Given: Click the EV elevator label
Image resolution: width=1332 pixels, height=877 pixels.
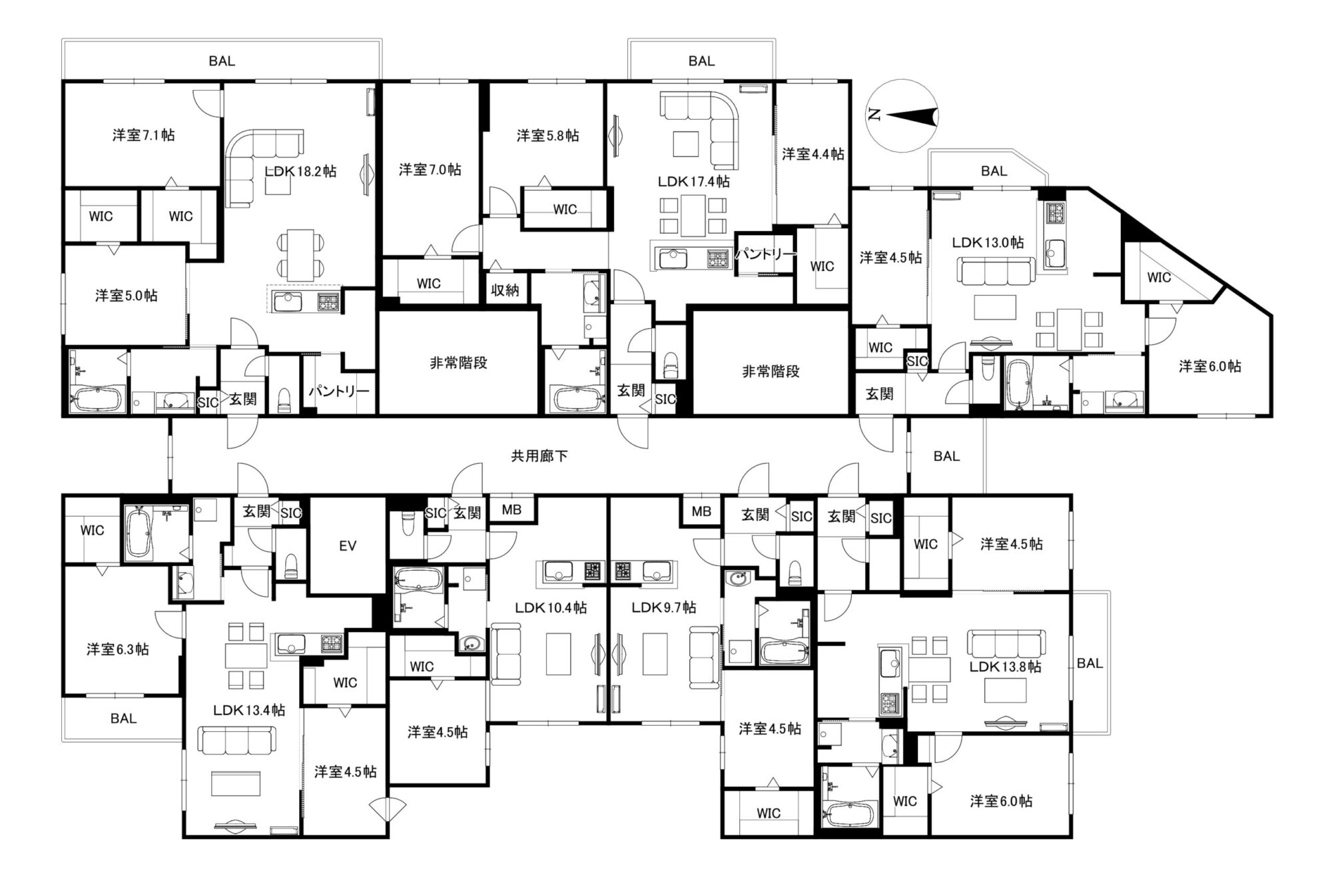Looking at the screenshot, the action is coord(348,546).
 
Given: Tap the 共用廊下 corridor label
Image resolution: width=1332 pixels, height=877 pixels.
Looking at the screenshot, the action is coord(539,456).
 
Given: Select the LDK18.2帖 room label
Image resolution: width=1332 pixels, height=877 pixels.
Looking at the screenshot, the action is coord(300,171).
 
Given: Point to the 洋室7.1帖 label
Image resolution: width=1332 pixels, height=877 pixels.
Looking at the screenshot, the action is coord(144,135).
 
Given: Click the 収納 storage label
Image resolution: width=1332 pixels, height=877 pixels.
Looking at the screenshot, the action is coord(505,290).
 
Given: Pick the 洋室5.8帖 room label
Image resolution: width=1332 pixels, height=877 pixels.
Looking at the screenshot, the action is coord(547,136).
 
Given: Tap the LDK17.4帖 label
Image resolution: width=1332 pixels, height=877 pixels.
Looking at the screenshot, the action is coord(693,181).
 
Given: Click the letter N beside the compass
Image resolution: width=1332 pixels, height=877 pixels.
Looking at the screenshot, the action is coord(874,115).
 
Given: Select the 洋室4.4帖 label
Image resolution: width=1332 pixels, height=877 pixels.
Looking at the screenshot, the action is coord(813,154).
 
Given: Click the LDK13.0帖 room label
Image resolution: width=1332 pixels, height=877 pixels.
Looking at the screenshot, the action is coord(988,242).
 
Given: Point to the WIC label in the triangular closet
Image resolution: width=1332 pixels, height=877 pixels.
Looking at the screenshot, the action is coord(1159,277).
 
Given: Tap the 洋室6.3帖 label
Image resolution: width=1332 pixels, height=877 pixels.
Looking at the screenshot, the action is coord(118,649).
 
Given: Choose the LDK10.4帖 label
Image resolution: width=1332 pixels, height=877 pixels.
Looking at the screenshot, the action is coord(551,607).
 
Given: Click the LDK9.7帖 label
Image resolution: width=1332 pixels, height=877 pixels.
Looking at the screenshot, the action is coord(664,607).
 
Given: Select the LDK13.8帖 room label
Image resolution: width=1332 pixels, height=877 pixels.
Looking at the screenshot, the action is coord(1006,667).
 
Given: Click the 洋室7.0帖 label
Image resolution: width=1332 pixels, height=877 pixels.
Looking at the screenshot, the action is coord(430,170).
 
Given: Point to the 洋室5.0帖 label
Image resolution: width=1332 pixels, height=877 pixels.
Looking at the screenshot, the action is coord(127,296).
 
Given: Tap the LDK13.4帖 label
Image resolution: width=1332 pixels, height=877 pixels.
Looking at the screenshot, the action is coord(249,710).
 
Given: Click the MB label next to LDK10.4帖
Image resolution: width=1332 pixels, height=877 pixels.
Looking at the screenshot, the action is coord(511,510).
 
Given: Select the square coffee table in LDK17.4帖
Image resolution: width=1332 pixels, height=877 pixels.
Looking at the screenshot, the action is coord(685,145).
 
